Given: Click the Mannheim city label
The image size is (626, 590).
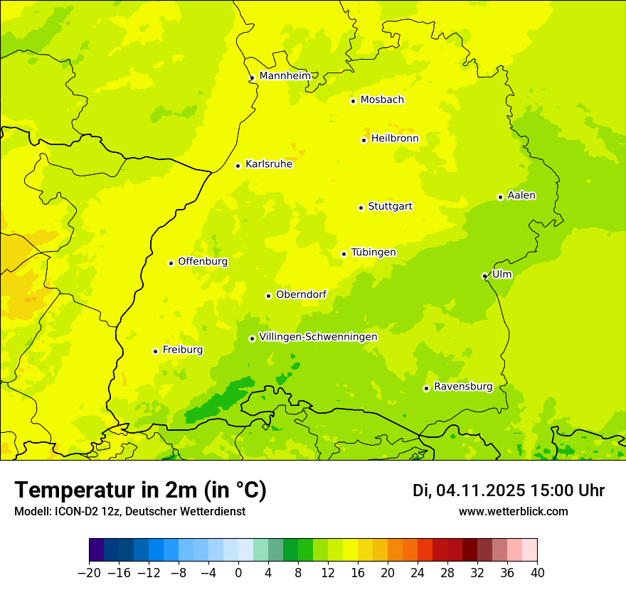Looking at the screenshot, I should [285, 76].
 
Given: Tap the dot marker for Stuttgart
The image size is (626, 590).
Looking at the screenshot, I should [361, 208].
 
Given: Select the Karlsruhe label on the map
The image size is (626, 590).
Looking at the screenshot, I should [269, 164].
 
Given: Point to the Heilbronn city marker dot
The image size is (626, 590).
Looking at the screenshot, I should [364, 140].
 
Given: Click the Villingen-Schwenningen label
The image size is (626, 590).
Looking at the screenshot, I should [318, 337].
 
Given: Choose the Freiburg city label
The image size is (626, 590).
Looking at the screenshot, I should [182, 350].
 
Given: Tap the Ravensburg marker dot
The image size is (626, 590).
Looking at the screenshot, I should [426, 388].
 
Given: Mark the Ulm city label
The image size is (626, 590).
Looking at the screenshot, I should [502, 274].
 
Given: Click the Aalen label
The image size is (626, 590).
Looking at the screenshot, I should [521, 195].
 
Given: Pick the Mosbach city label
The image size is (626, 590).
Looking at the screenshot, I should [382, 100].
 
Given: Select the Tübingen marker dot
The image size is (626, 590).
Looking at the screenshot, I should [344, 254].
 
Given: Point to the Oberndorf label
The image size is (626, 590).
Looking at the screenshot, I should [301, 294].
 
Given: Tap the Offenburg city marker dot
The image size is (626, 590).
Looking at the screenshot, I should [171, 263].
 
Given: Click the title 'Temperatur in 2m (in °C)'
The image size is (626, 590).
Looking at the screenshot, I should [140, 490].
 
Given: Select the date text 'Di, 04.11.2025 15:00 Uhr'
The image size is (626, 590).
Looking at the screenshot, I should [509, 490].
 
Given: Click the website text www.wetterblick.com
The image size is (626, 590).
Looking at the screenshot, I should [513, 511].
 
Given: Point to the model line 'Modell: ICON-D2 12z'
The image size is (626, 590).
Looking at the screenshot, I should [129, 511].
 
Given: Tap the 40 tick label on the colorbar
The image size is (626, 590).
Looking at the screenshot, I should [537, 573].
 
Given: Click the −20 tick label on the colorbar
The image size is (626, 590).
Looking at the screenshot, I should [89, 573].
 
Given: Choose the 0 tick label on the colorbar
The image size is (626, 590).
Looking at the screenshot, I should [238, 573].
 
